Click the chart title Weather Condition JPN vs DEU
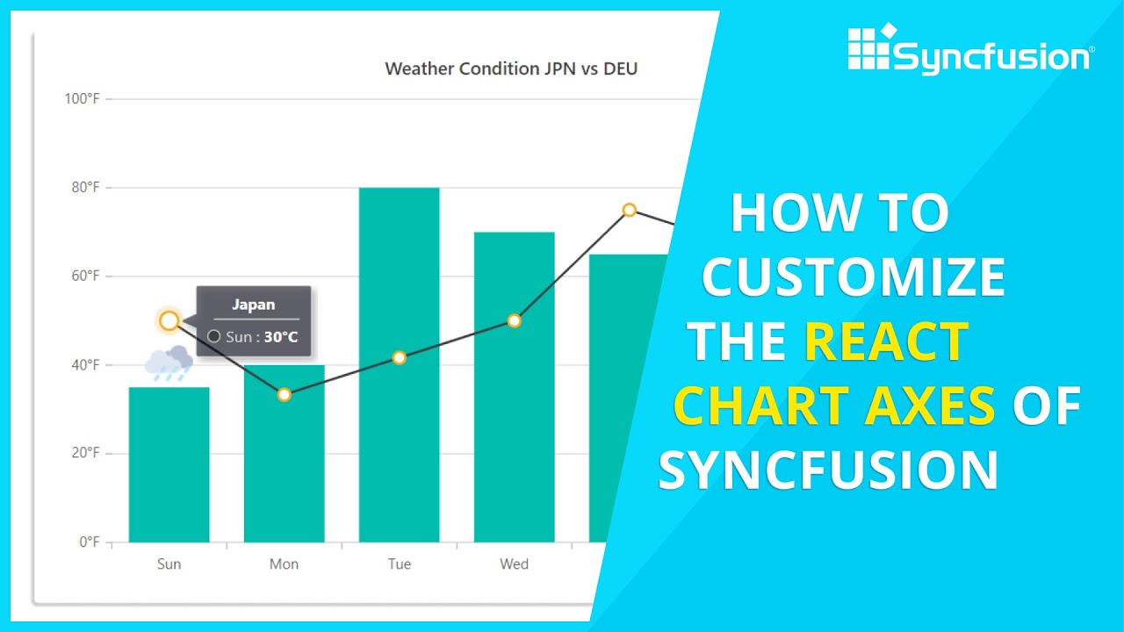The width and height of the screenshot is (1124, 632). [x=511, y=68]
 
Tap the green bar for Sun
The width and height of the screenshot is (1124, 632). [x=169, y=465]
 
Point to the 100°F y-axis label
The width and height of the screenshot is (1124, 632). [x=82, y=98]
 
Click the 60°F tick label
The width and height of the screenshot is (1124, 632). [x=84, y=276]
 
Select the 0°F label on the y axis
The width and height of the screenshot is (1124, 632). [x=89, y=542]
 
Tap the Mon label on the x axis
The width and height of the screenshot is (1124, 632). [x=284, y=564]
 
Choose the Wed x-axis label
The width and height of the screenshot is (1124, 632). [x=514, y=564]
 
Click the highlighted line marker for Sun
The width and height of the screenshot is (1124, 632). [x=169, y=320]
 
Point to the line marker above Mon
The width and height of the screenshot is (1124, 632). [x=284, y=394]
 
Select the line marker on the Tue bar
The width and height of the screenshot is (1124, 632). [x=399, y=357]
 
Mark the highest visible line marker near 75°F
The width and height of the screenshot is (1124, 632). [x=629, y=209]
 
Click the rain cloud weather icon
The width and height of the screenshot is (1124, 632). [x=169, y=363]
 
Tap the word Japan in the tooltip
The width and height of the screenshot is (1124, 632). [x=253, y=305]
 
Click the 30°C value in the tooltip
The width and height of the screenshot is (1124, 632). [x=281, y=336]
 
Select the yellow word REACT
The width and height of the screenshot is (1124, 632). [x=885, y=341]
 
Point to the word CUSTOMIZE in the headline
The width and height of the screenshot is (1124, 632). [x=854, y=277]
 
